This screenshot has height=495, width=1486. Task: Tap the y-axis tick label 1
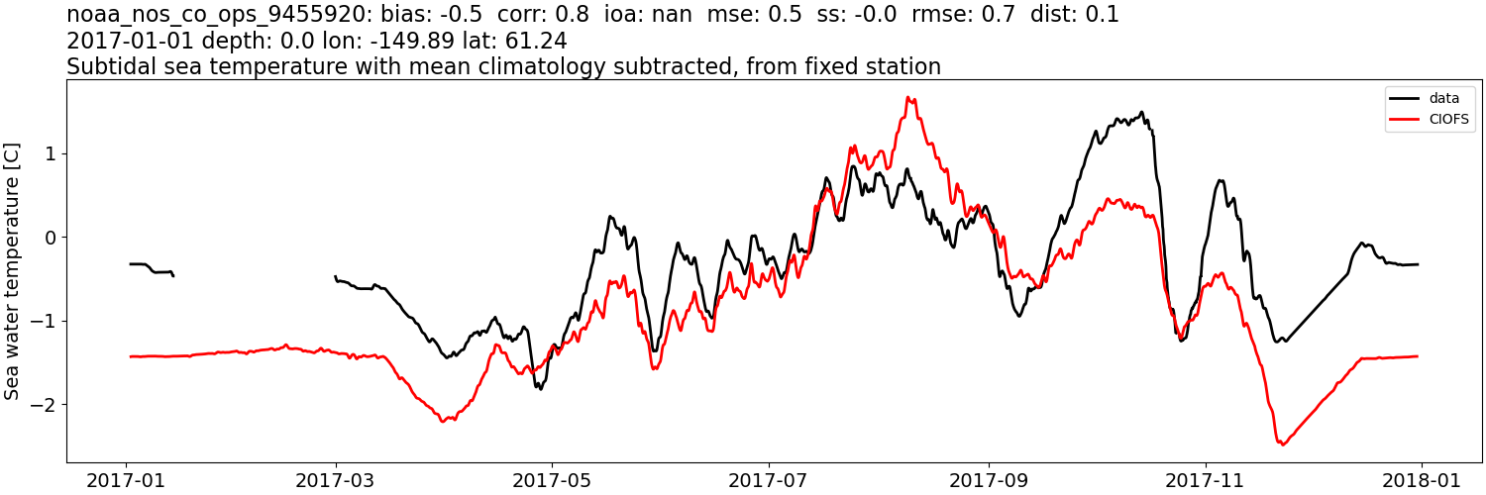tap(52, 153)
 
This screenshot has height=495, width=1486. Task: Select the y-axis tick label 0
tap(52, 238)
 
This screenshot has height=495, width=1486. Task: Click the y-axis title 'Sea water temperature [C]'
tap(13, 270)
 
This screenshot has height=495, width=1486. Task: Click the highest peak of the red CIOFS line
tap(910, 97)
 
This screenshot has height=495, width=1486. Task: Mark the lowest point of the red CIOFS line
tap(1282, 445)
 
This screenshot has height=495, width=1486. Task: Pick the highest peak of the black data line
tap(1141, 112)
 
